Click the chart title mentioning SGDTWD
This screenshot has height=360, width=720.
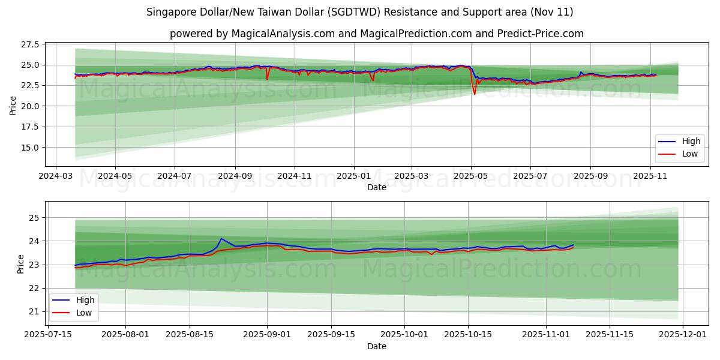(359, 12)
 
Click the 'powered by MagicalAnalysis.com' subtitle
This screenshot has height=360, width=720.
(376, 34)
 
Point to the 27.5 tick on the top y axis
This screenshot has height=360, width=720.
(29, 44)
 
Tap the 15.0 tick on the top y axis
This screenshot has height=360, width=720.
(29, 148)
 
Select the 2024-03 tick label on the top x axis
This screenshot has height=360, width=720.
(56, 176)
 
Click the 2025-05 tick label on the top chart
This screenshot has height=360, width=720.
(471, 176)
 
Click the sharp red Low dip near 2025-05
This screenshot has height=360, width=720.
(475, 94)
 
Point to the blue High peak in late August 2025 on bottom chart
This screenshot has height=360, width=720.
(221, 239)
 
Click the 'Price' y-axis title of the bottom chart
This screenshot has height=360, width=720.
(21, 263)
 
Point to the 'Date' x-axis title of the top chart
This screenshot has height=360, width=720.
(376, 187)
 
